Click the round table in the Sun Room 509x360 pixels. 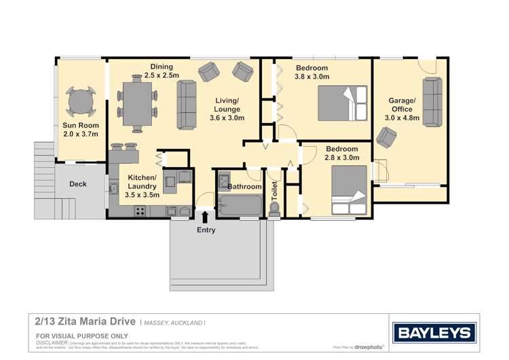[x=81, y=103]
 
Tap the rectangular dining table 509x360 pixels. [x=137, y=103]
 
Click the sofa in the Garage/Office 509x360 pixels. [x=432, y=98]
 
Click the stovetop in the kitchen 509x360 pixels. [x=140, y=210]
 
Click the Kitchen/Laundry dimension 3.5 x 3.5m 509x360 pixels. [x=143, y=195]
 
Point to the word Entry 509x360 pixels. [x=206, y=230]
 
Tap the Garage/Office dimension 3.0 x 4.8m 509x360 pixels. [x=402, y=118]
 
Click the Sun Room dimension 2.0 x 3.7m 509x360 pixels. [x=81, y=134]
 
